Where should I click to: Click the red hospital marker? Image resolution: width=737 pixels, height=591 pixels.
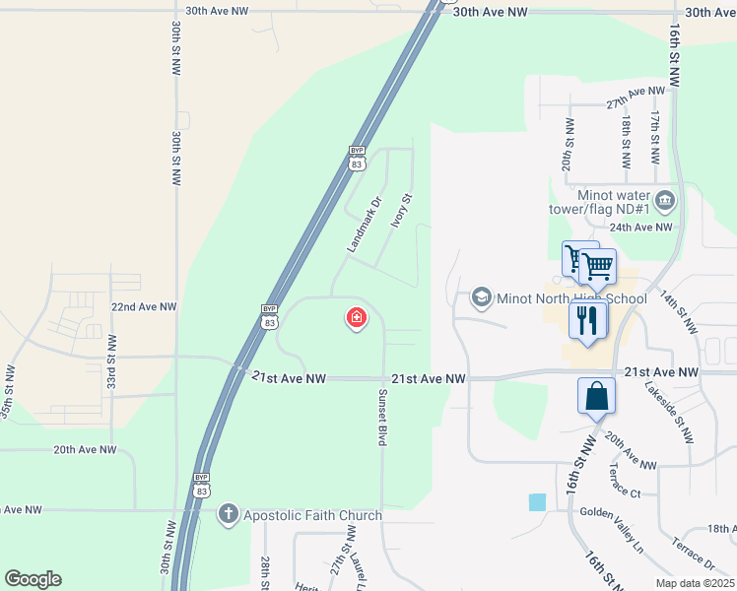(356, 318)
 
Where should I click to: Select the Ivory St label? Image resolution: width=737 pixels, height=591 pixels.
(399, 210)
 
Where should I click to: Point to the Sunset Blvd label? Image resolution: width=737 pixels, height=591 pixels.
(380, 417)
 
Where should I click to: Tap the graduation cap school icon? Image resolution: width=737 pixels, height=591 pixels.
(481, 296)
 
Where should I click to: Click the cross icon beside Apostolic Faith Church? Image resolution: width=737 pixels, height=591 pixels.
(228, 513)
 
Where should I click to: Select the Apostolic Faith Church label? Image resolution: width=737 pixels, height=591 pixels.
(312, 515)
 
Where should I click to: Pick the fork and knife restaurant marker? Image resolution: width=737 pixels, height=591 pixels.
(588, 319)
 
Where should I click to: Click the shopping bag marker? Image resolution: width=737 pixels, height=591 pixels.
(597, 397)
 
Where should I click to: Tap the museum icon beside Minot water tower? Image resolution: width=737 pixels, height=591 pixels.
(665, 202)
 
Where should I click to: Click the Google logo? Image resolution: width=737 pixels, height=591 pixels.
(33, 579)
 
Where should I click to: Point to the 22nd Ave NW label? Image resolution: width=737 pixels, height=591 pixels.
(144, 307)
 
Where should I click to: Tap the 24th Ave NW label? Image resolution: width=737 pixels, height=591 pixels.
(640, 227)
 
